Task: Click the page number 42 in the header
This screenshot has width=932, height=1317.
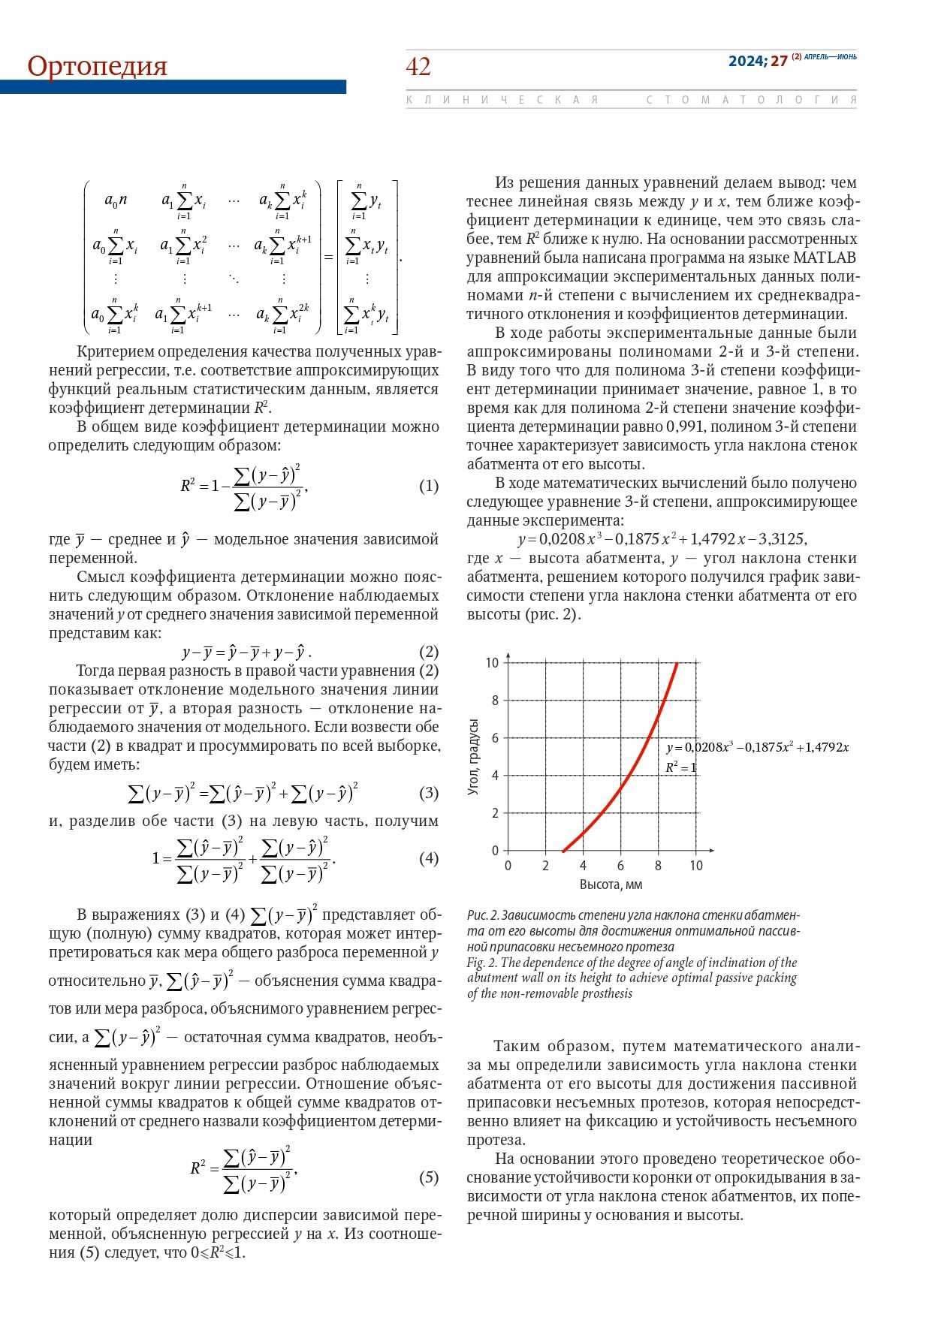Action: [418, 67]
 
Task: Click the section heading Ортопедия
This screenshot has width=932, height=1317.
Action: [97, 66]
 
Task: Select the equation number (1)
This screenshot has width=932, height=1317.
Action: [428, 487]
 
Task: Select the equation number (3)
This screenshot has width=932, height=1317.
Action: [428, 793]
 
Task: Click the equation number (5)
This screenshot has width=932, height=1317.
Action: [428, 1177]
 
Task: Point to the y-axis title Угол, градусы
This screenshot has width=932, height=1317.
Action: [473, 757]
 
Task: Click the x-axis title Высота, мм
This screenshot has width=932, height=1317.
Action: [611, 885]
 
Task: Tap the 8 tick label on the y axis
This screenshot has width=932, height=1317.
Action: [495, 701]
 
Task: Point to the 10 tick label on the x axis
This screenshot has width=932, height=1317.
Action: [696, 866]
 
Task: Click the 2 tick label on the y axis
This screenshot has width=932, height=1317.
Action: [495, 813]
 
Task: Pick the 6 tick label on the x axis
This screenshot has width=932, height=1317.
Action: [620, 866]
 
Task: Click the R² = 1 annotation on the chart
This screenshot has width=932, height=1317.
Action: [680, 767]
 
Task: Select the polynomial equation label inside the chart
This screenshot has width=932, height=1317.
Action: [757, 748]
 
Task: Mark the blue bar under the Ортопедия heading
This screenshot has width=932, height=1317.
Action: [173, 87]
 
